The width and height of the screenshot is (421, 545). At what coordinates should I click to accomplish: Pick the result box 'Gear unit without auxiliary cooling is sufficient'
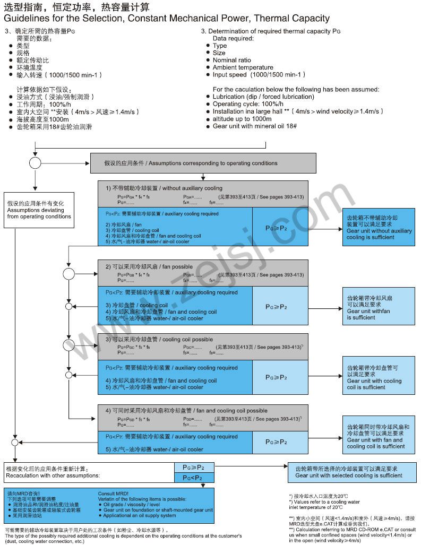point(379,227)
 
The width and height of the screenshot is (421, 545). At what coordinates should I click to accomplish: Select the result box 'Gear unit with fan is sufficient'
point(379,308)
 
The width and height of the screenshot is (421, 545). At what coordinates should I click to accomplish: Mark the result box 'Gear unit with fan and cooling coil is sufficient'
point(379,436)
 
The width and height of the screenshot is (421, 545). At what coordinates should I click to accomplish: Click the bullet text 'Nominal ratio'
point(232,60)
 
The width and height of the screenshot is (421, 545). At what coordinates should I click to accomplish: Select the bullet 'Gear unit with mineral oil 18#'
point(254,126)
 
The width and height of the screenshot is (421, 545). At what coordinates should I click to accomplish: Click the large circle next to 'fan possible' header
point(69,274)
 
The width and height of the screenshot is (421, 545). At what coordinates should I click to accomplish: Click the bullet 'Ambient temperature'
point(243,67)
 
